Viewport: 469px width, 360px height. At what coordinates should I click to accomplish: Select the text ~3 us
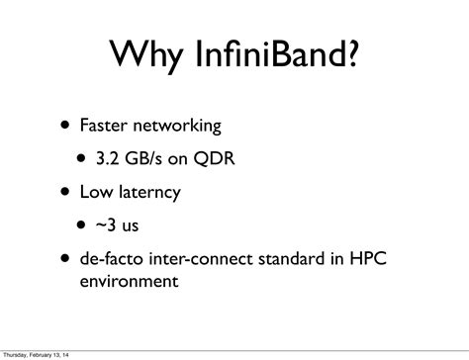[x=123, y=225]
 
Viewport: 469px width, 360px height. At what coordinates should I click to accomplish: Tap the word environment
[x=129, y=281]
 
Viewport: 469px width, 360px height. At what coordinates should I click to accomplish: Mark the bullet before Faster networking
[x=64, y=127]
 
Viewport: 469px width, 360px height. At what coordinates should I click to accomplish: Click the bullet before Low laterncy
[x=64, y=193]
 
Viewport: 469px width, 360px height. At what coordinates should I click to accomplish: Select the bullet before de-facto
[x=64, y=258]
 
